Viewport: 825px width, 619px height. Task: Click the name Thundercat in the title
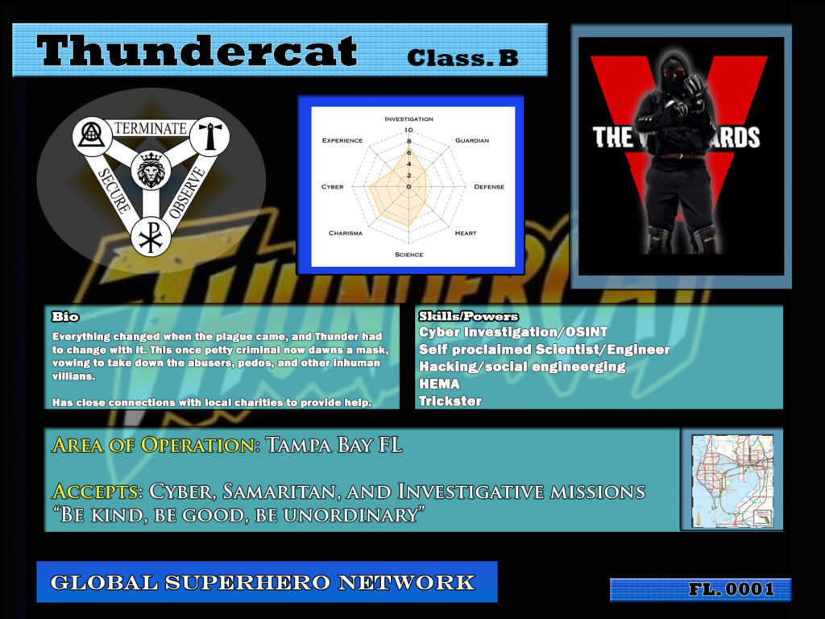[197, 52]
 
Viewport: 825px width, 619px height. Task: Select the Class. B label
[462, 58]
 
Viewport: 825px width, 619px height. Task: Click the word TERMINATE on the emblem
[151, 128]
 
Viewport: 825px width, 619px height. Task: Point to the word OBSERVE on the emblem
[188, 193]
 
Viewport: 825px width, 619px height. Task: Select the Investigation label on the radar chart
[408, 118]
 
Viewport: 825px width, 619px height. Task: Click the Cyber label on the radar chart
[332, 187]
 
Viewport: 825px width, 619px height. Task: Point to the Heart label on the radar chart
[465, 233]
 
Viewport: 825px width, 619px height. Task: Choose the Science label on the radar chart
[408, 255]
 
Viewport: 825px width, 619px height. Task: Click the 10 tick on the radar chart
[408, 130]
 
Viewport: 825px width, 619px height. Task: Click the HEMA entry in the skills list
[439, 384]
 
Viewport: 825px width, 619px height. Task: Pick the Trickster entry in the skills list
[450, 401]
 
